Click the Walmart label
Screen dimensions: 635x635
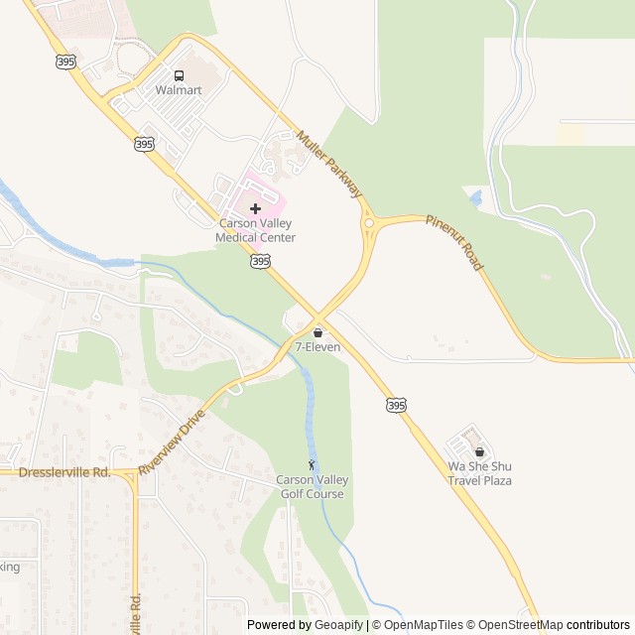pos(179,90)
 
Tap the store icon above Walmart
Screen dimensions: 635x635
pos(179,75)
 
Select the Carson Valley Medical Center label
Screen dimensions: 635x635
pos(257,231)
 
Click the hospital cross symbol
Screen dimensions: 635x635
pos(256,208)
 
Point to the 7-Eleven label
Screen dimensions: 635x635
pos(317,347)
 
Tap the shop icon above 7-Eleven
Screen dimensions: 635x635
pos(317,332)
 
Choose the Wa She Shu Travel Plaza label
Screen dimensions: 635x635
pos(479,473)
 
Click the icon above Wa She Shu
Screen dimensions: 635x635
pos(479,451)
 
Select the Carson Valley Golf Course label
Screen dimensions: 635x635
pos(312,487)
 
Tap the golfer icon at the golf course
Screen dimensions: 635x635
pos(312,464)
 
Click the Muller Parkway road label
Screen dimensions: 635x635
pos(331,163)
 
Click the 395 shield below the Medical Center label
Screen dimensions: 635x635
pos(260,261)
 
